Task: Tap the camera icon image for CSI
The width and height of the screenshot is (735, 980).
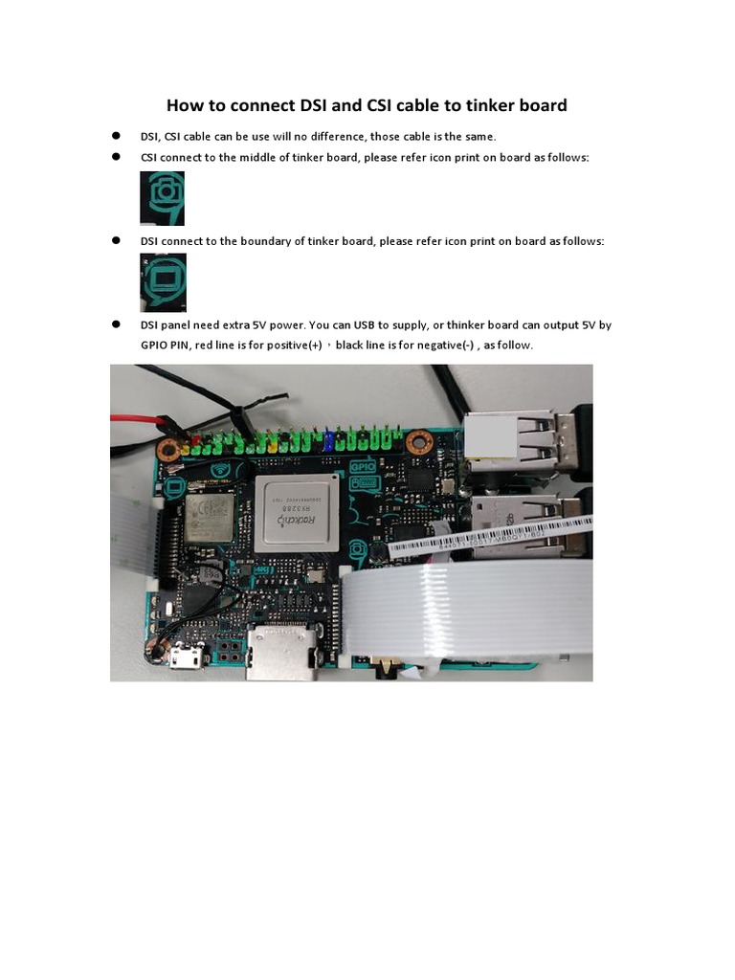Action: [x=163, y=198]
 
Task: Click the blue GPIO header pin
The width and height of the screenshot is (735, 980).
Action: [x=330, y=441]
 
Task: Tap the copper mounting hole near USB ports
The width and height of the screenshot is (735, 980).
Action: [x=417, y=443]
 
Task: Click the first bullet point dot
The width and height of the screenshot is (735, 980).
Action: [x=116, y=136]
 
